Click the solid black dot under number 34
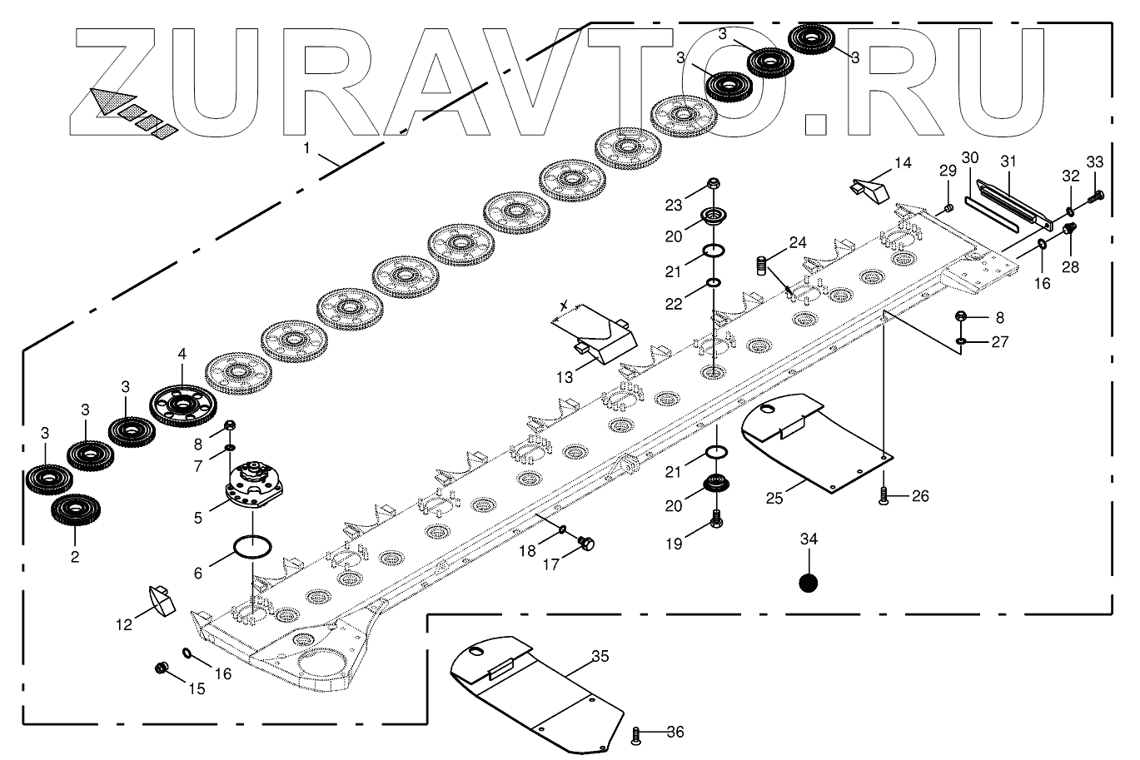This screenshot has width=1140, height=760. tap(808, 583)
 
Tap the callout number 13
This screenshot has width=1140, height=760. tap(565, 377)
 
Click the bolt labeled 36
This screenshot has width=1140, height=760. tap(638, 735)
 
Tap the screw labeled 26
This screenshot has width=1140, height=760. tap(884, 499)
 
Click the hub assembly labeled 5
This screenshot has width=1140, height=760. tap(254, 486)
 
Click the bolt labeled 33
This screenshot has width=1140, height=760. tap(1097, 196)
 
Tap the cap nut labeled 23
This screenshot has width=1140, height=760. tap(714, 184)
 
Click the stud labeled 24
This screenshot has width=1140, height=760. tap(759, 267)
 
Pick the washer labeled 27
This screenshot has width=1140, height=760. tap(962, 341)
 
